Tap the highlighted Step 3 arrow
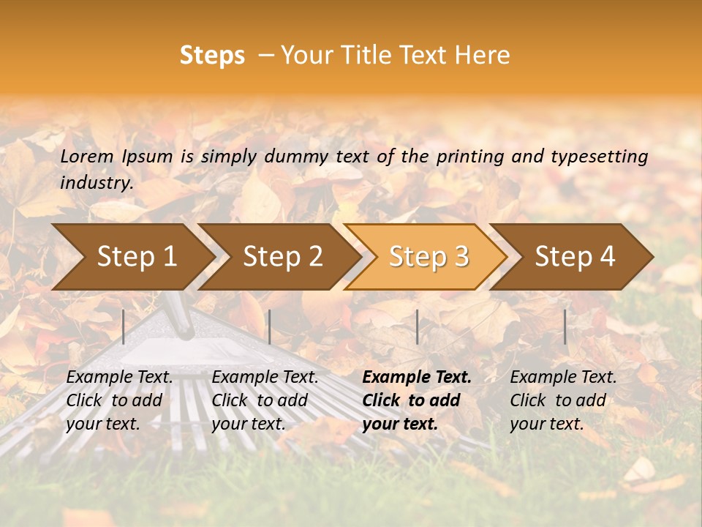pos(429,256)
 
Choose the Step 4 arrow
pos(575,256)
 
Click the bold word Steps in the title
pos(212,56)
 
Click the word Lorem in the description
pos(87,156)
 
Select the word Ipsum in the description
pos(148,156)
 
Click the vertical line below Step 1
pos(124,326)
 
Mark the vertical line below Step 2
pos(270,326)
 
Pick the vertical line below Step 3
pos(417,326)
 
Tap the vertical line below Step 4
pos(565,326)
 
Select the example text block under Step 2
pos(265,400)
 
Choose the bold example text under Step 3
pos(417,400)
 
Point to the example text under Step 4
pos(563,400)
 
